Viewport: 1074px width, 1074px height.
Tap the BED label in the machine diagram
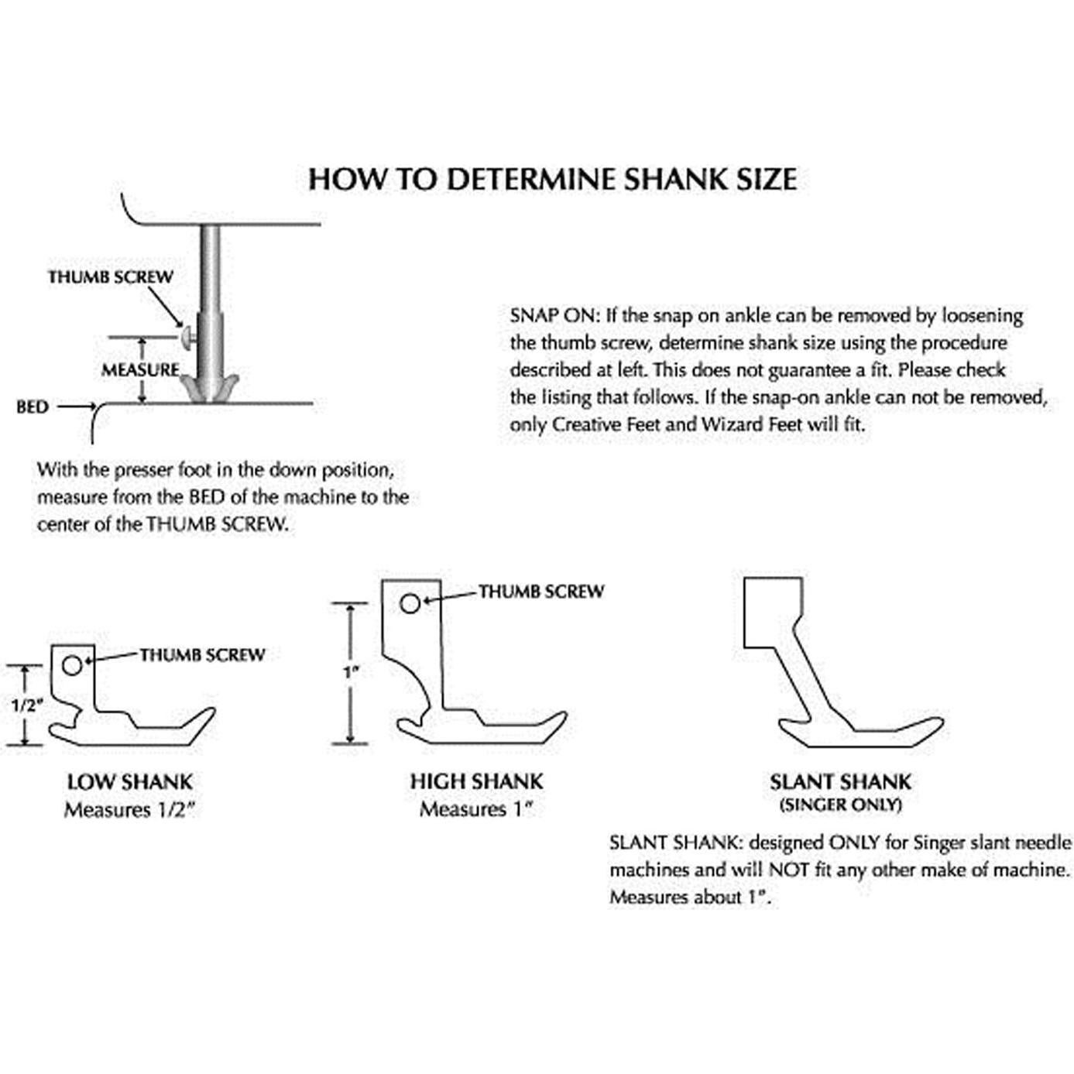[x=33, y=407]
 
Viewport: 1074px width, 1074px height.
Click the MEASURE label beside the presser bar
[x=140, y=370]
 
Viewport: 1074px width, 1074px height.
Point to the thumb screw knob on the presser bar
[x=187, y=337]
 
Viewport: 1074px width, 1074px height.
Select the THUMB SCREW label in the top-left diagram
[x=110, y=277]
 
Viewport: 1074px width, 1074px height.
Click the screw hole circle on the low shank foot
[x=72, y=665]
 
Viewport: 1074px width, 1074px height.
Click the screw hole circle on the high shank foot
[x=410, y=603]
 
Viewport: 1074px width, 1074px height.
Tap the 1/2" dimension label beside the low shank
[x=26, y=705]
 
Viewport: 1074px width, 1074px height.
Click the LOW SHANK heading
[x=129, y=782]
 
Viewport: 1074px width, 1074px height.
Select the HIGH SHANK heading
[x=476, y=781]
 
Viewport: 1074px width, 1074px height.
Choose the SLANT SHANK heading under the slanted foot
[x=840, y=782]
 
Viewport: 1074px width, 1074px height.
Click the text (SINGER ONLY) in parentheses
[x=840, y=805]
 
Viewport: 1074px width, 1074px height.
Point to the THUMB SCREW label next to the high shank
[x=540, y=592]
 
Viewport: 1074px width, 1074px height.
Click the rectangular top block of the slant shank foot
[x=769, y=612]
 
